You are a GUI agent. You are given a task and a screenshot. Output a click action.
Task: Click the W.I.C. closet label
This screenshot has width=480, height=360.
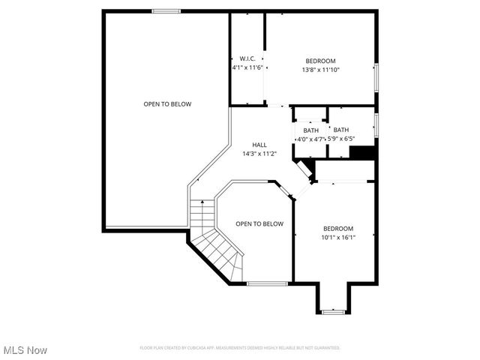point(247,58)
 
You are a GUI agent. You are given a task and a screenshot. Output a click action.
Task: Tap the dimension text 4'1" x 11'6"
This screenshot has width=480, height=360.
point(247,67)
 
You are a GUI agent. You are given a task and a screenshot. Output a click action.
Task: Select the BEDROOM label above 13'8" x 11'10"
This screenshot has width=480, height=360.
point(320,61)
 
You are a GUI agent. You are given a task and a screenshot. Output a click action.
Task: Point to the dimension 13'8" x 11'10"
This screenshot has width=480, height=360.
point(320,70)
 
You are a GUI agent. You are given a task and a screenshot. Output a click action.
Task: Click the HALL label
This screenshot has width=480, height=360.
point(259,145)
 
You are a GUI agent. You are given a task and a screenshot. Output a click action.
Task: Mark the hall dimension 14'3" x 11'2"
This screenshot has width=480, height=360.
point(259,154)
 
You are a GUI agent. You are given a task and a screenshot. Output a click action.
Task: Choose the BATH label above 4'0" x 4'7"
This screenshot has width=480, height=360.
point(310,130)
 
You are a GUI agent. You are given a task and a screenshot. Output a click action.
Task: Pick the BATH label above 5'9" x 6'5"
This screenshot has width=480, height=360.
point(341,130)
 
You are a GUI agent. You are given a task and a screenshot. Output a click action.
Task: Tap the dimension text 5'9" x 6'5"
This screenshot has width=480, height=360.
point(341,139)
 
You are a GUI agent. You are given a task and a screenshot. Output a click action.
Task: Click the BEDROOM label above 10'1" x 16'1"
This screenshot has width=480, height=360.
point(338,228)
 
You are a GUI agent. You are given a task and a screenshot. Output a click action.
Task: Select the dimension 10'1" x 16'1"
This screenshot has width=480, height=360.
point(338,238)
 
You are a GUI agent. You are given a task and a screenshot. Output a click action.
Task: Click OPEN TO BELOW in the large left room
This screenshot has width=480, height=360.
point(167,104)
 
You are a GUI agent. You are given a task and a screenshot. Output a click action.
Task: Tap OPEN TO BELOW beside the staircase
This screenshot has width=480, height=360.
point(259,223)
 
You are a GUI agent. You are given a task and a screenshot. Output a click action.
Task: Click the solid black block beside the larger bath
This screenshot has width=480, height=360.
point(362,152)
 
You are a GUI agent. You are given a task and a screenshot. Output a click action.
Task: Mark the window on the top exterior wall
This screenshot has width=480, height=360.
point(166,11)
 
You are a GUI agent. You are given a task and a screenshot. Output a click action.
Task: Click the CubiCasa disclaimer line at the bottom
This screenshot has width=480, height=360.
point(240,348)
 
